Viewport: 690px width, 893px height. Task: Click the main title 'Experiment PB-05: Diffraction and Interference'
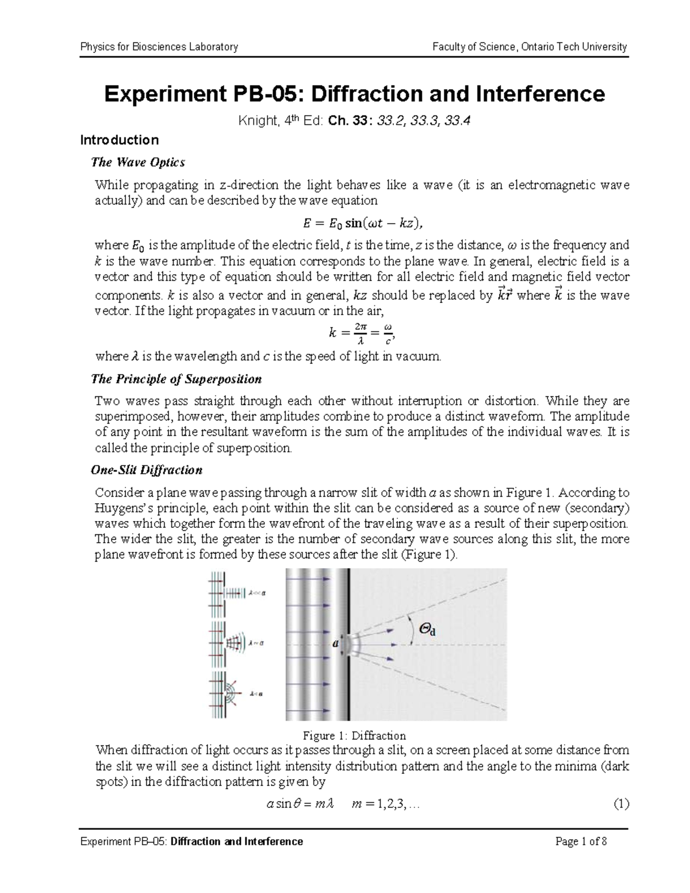point(354,93)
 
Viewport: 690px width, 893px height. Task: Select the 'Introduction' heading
point(119,140)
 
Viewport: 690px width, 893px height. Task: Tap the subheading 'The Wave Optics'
point(138,162)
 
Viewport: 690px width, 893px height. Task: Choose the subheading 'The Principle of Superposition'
point(177,379)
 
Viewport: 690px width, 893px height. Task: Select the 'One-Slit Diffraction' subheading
point(147,470)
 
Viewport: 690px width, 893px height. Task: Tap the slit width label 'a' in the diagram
point(335,644)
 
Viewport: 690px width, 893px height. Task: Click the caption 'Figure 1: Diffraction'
point(354,735)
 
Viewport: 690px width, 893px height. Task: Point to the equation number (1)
point(621,804)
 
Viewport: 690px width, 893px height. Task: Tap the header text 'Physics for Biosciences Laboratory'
point(159,47)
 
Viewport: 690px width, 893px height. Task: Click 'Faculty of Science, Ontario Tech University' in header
point(530,47)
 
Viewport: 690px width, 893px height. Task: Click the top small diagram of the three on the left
point(236,592)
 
